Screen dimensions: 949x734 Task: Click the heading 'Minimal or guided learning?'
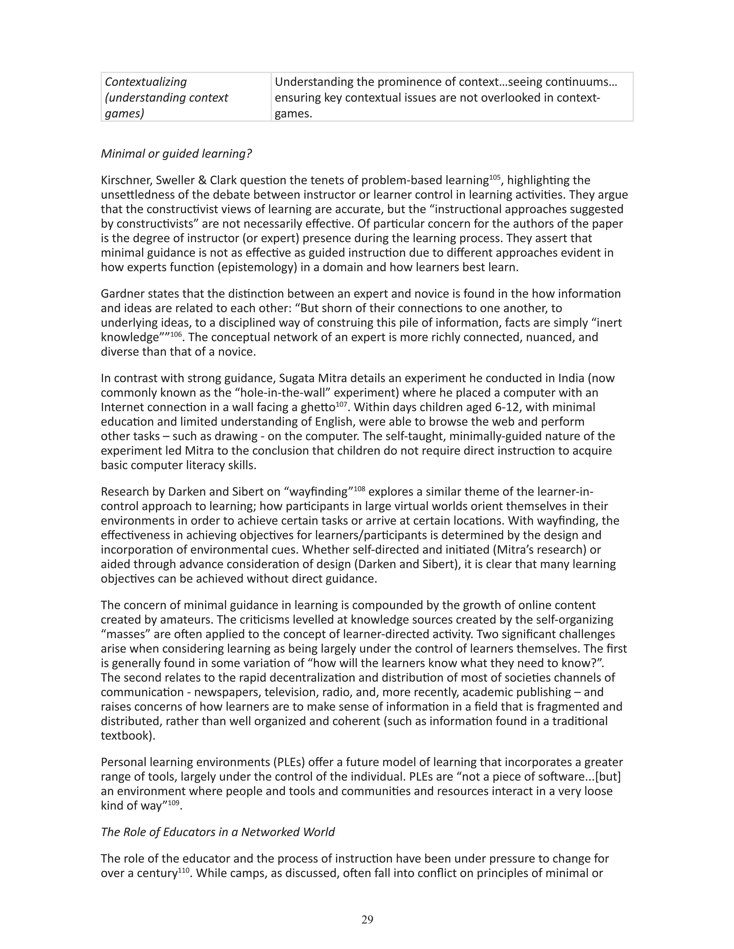click(x=176, y=154)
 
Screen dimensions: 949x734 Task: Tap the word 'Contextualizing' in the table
click(x=146, y=82)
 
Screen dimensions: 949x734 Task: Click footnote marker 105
click(x=495, y=177)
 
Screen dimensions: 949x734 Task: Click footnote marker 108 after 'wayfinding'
click(x=359, y=488)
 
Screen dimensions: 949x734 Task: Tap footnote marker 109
click(x=173, y=803)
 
